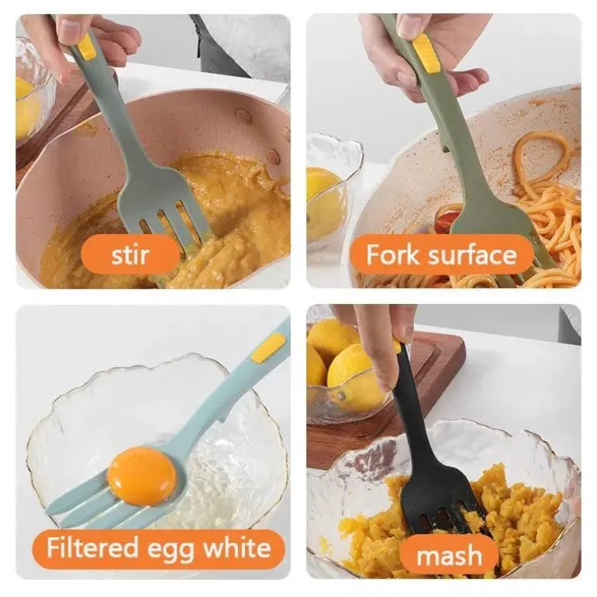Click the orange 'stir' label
[130, 254]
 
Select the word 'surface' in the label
[472, 254]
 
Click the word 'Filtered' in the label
[92, 547]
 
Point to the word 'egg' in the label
[171, 550]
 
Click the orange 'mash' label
[449, 555]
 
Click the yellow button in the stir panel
[87, 47]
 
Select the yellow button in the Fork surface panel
[426, 53]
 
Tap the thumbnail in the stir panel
[71, 29]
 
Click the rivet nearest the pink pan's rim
[243, 116]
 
